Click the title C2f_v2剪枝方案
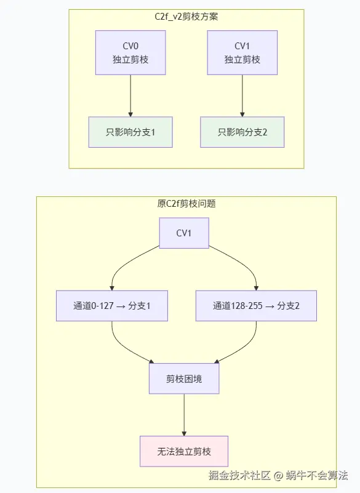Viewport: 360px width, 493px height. click(186, 17)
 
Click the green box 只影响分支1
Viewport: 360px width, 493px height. click(130, 132)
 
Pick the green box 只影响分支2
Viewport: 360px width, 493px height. click(242, 132)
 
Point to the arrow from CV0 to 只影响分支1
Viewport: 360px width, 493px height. click(130, 95)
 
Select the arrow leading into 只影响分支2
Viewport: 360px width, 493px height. click(242, 95)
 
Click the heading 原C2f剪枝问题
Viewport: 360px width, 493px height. click(186, 204)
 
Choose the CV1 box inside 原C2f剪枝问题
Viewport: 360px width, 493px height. click(184, 233)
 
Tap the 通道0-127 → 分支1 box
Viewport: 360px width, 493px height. click(111, 306)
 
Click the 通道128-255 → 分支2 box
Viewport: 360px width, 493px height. click(256, 306)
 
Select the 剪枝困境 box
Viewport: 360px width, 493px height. click(184, 379)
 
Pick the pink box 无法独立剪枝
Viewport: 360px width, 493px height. click(184, 451)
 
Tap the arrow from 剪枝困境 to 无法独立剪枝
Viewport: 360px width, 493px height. click(184, 415)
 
